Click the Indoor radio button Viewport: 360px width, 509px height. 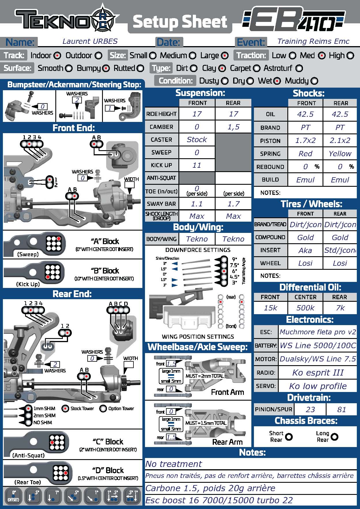(57, 56)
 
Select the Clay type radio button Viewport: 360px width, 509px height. (222, 69)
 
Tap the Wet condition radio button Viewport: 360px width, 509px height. (277, 81)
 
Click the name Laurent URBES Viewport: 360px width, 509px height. (90, 41)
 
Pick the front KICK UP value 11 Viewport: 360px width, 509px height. (197, 165)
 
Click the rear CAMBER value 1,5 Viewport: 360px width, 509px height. (233, 127)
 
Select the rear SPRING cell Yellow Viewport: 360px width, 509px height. (340, 154)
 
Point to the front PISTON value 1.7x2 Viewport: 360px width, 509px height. (305, 141)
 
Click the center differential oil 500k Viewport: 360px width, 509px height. (305, 308)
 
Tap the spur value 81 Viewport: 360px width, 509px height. (341, 410)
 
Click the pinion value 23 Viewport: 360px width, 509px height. (310, 410)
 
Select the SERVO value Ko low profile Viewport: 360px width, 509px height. (318, 386)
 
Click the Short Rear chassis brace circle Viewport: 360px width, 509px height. (289, 437)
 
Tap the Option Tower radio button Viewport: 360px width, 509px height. (103, 409)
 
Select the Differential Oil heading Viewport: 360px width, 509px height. (310, 287)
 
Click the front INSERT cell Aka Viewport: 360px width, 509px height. (305, 250)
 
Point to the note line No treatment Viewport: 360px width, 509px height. (174, 464)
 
